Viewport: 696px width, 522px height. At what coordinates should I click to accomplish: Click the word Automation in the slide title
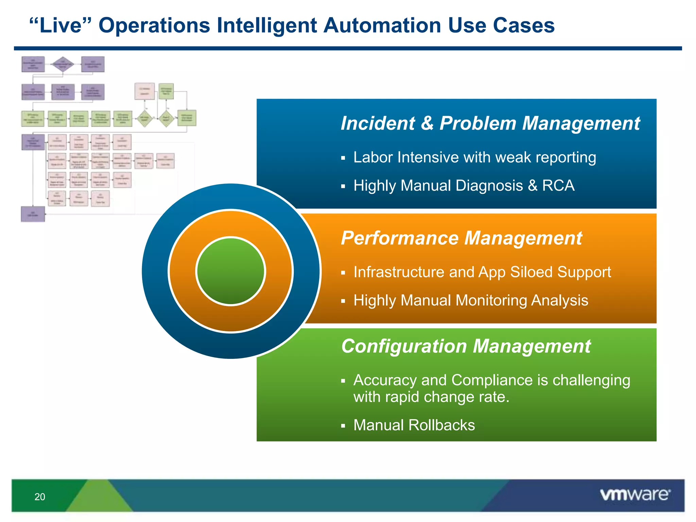pyautogui.click(x=382, y=25)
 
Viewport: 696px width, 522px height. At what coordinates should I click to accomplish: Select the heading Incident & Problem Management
pyautogui.click(x=490, y=123)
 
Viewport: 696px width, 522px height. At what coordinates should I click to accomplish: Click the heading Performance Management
pyautogui.click(x=461, y=238)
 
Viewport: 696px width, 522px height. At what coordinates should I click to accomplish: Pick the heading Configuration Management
pyautogui.click(x=466, y=346)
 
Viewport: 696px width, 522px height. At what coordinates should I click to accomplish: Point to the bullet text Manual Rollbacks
pyautogui.click(x=414, y=425)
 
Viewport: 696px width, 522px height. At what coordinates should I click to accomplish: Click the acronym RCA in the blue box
pyautogui.click(x=558, y=186)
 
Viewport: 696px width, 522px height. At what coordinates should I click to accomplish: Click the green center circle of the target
pyautogui.click(x=231, y=271)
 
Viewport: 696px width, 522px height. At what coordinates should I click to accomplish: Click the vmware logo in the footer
pyautogui.click(x=635, y=494)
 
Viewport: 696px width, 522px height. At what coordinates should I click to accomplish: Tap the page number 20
pyautogui.click(x=40, y=497)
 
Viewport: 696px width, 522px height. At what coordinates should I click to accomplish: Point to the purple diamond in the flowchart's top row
pyautogui.click(x=63, y=64)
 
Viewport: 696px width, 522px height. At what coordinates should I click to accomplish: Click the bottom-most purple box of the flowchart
pyautogui.click(x=33, y=214)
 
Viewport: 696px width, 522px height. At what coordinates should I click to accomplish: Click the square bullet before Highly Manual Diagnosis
pyautogui.click(x=343, y=186)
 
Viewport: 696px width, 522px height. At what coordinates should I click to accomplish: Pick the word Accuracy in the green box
pyautogui.click(x=385, y=380)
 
